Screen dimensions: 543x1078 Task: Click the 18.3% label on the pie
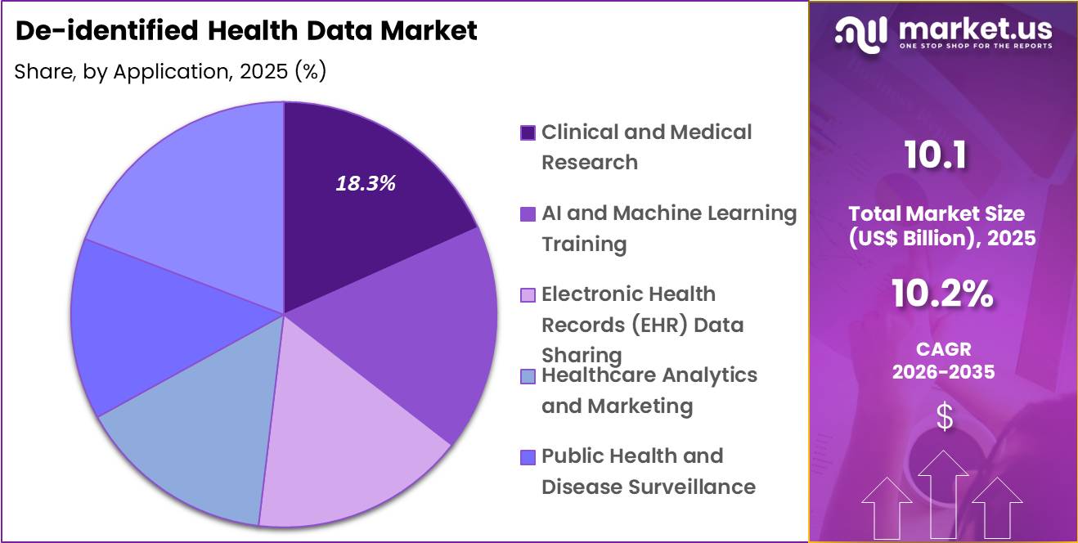(x=366, y=184)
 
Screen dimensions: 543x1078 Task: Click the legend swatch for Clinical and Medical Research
(x=528, y=132)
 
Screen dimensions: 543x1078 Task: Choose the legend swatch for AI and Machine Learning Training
(x=528, y=213)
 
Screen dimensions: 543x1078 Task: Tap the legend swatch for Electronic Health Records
(x=528, y=294)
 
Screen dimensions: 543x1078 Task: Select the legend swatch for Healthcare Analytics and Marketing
(x=528, y=375)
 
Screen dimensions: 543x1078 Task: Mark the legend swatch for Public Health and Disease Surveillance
(x=528, y=456)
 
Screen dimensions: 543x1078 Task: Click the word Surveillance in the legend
(x=691, y=487)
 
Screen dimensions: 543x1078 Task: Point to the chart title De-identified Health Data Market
(x=246, y=31)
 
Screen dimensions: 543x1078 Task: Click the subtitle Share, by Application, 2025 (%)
(x=170, y=72)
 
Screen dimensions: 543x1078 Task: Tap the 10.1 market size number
(x=936, y=155)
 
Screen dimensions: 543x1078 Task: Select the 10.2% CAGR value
(x=942, y=294)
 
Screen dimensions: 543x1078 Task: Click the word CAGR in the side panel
(x=943, y=349)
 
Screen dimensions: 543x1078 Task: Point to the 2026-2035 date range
(x=943, y=372)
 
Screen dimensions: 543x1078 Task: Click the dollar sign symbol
(x=944, y=418)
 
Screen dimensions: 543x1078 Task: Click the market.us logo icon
(x=860, y=32)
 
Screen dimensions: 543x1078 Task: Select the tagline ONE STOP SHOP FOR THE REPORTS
(x=975, y=47)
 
